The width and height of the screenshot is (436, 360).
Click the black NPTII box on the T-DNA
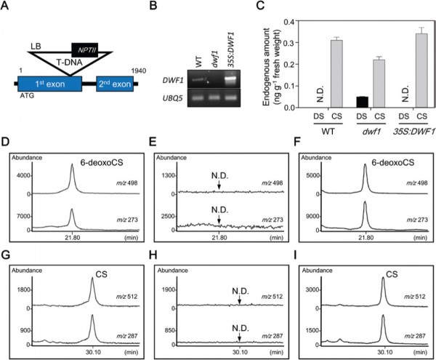(x=85, y=50)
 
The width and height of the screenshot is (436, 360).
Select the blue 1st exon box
(x=49, y=84)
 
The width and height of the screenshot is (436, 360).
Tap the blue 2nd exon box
(x=115, y=84)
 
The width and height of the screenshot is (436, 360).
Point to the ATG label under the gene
(x=27, y=96)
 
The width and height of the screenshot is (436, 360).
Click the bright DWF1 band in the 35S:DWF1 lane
(x=230, y=79)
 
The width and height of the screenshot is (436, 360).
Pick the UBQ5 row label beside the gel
(x=172, y=98)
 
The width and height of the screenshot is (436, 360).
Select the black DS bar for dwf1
(x=363, y=102)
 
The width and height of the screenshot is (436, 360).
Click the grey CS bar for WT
(x=336, y=73)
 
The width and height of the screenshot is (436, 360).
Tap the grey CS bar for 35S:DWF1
(x=421, y=71)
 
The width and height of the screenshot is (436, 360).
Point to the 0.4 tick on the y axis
(x=290, y=21)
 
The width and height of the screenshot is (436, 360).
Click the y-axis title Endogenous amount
(x=267, y=67)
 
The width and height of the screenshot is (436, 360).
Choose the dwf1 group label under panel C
(x=371, y=131)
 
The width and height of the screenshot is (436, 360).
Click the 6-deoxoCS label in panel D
(x=102, y=162)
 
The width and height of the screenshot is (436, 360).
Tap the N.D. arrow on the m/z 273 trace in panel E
(x=219, y=220)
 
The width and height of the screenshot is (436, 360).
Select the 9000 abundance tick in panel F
(x=312, y=216)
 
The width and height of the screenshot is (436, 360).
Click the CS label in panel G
(x=101, y=274)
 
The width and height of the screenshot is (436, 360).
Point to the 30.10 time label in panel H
(x=240, y=352)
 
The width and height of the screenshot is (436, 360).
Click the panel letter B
(x=153, y=6)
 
